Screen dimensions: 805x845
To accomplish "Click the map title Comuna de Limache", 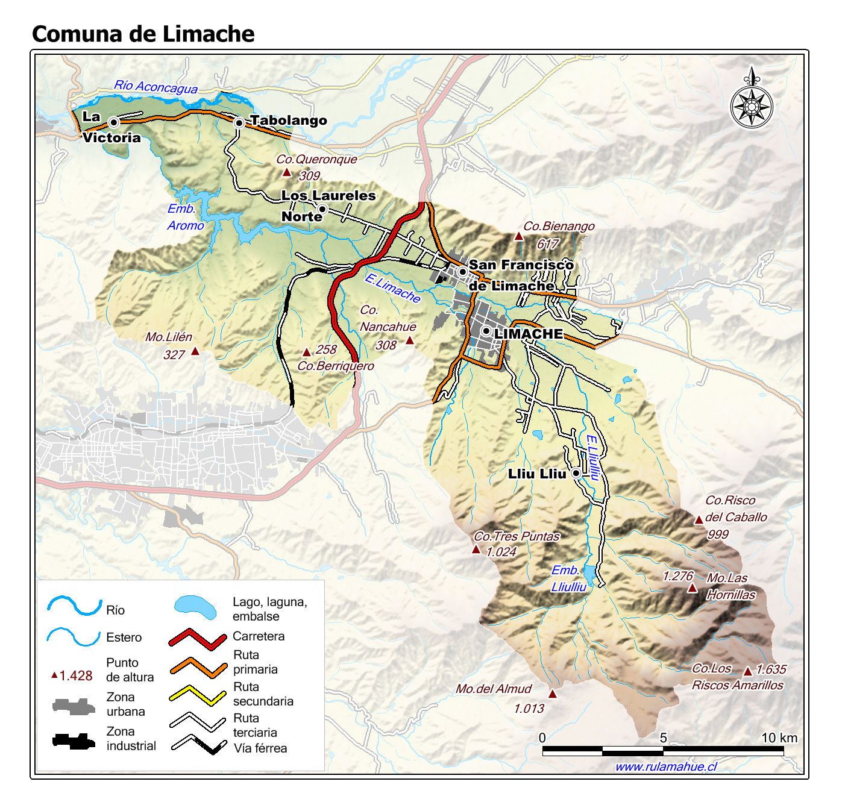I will coord(143,34).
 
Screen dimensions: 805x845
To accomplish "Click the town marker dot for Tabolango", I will coord(239,122).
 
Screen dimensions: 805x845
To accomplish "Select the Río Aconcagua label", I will coord(155,87).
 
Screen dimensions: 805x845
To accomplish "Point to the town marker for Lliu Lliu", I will coord(576,474).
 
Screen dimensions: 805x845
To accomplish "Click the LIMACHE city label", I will coord(528,333).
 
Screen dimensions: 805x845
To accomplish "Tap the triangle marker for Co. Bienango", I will coord(518,236).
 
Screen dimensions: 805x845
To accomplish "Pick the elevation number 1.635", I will coord(771,669).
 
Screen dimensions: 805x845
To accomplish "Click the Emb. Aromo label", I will coord(185,217).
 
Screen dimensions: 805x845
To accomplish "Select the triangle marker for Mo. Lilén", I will coord(195,351).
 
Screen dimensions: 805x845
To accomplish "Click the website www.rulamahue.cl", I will coord(665,766).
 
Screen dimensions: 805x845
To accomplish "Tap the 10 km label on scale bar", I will coord(779,738).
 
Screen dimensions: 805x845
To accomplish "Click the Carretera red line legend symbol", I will coord(198,638).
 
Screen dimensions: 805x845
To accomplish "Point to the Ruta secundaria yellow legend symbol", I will coord(198,695).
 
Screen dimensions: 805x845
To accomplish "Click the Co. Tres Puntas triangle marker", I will coord(476,550).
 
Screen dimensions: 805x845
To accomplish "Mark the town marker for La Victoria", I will coord(113,122).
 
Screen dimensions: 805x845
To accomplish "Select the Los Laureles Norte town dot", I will coord(322,209).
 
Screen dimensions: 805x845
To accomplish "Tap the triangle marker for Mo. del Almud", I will coord(552,694).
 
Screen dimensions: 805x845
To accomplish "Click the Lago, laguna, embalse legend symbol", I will coord(195,607).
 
